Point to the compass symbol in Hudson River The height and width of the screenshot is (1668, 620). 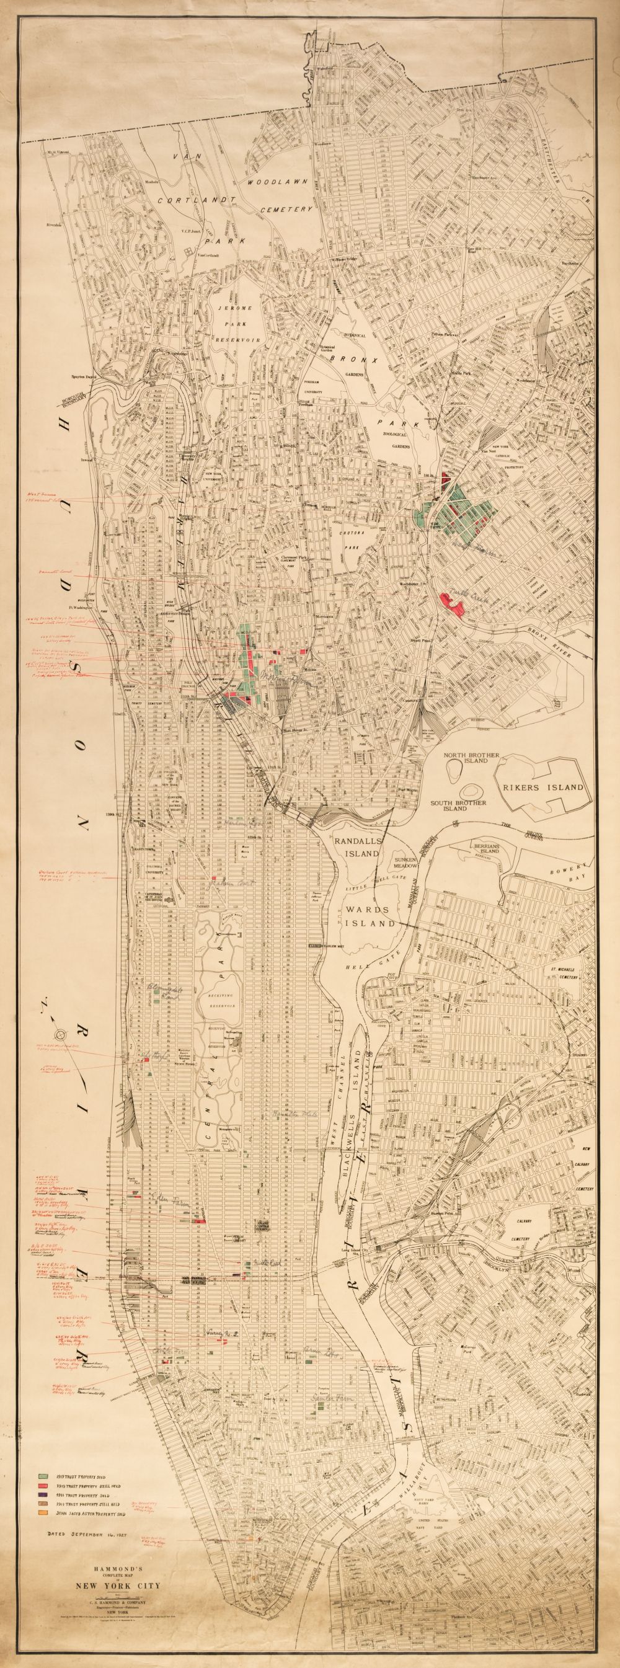coord(61,1033)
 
